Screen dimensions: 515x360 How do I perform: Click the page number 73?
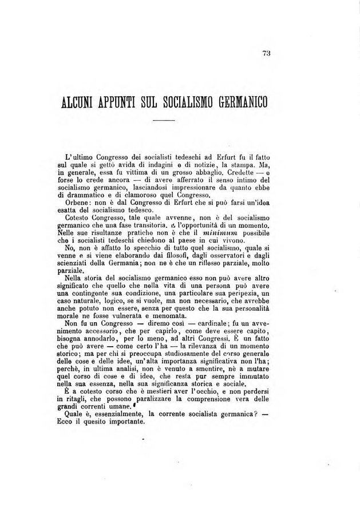point(266,53)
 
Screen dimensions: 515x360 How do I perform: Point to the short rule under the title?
point(164,121)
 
